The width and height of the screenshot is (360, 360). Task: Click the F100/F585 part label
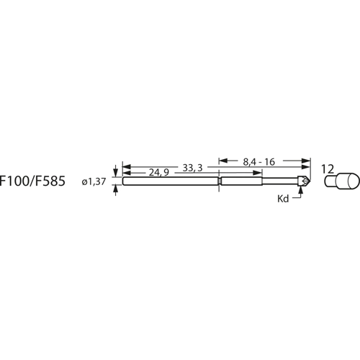pyautogui.click(x=33, y=182)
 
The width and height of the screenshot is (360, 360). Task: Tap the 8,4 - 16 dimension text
pyautogui.click(x=258, y=162)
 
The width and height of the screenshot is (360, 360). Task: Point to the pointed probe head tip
pyautogui.click(x=307, y=181)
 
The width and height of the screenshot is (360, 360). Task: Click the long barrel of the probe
pyautogui.click(x=169, y=181)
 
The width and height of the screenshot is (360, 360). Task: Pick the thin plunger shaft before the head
pyautogui.click(x=292, y=181)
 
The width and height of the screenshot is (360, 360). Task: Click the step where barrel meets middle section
pyautogui.click(x=219, y=181)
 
